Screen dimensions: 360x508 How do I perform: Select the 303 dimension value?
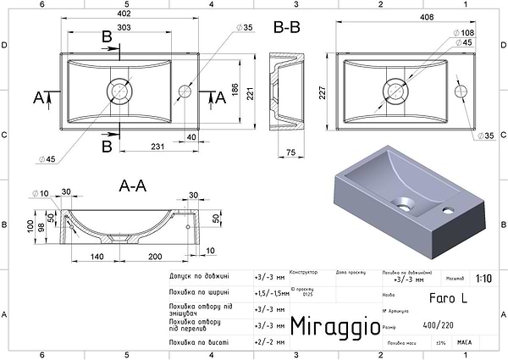tap(124, 27)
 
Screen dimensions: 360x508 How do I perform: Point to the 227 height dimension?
tap(323, 93)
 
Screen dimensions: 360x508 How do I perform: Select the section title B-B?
tap(287, 27)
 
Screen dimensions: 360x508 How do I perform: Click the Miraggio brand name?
tap(330, 327)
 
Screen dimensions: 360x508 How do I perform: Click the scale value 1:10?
tap(483, 277)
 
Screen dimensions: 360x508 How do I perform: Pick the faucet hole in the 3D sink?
tap(450, 206)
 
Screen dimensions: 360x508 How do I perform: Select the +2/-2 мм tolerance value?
tap(269, 342)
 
